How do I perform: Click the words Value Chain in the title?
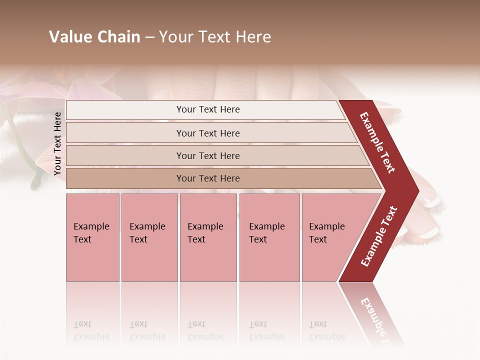94,37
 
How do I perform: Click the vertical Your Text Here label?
57,143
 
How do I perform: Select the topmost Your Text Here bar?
208,109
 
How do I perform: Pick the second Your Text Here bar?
208,133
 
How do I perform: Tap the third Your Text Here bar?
208,155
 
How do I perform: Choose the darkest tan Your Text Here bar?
208,178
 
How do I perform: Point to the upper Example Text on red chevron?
377,142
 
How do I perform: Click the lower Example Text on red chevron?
379,236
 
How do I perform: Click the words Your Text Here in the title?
215,37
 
